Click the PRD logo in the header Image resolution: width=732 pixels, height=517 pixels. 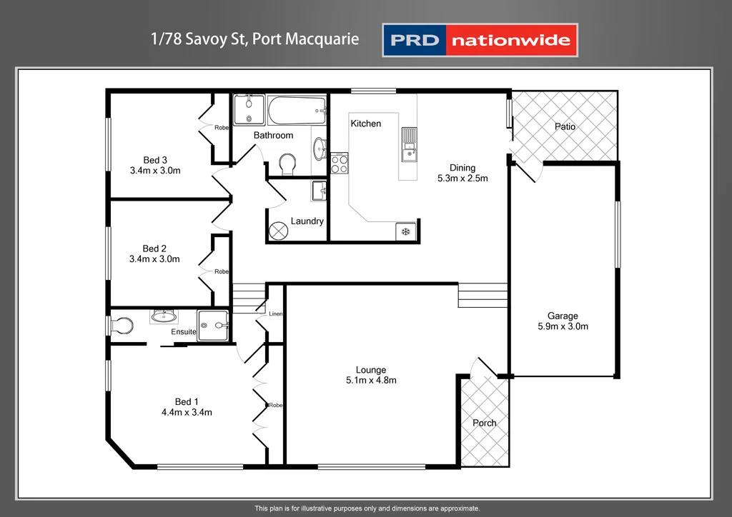click(x=414, y=40)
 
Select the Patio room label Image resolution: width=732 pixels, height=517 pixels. click(x=565, y=126)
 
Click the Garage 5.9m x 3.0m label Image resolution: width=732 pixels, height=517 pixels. click(x=563, y=321)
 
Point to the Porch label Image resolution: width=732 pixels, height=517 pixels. click(x=485, y=423)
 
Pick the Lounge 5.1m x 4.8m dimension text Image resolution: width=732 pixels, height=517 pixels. click(x=371, y=375)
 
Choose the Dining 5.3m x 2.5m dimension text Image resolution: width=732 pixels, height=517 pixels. click(x=463, y=174)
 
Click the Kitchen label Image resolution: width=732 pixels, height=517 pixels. click(x=365, y=124)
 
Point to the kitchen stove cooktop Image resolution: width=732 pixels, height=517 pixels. click(x=339, y=164)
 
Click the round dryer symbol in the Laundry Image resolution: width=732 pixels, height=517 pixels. click(x=278, y=231)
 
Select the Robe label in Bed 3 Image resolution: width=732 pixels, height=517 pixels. click(x=222, y=128)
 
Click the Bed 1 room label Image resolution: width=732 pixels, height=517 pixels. click(x=187, y=406)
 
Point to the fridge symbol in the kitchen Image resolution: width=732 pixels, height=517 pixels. click(x=405, y=231)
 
